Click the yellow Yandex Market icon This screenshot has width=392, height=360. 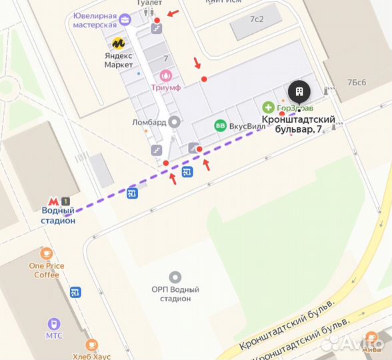[119, 43]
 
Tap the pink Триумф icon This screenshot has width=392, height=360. [166, 76]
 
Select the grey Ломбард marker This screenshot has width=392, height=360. [175, 122]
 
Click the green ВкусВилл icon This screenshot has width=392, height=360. [219, 125]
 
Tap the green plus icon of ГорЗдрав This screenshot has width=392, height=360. [268, 107]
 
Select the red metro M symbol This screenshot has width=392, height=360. [53, 201]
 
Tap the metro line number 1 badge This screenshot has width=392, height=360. [65, 201]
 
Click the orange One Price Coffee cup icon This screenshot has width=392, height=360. [46, 253]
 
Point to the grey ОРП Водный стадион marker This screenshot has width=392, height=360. [175, 276]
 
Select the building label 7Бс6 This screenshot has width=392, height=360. [357, 82]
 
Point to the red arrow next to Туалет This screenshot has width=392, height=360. [173, 13]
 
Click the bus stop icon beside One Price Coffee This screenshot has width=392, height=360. [75, 292]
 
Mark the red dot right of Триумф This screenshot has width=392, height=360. [204, 79]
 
